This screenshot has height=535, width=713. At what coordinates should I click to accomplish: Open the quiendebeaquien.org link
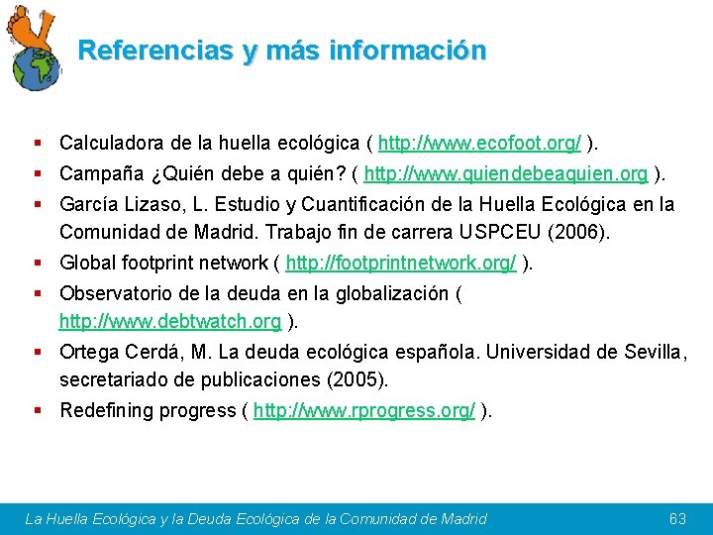pyautogui.click(x=506, y=174)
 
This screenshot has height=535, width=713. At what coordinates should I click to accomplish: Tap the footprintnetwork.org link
pyautogui.click(x=400, y=263)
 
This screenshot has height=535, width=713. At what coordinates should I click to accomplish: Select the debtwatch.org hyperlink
pyautogui.click(x=170, y=321)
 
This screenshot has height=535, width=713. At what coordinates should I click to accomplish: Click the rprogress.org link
pyautogui.click(x=364, y=410)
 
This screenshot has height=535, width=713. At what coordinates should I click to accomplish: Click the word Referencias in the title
pyautogui.click(x=152, y=51)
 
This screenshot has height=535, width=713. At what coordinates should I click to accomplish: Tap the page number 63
pyautogui.click(x=678, y=518)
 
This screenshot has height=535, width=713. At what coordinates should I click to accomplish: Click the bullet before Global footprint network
pyautogui.click(x=37, y=263)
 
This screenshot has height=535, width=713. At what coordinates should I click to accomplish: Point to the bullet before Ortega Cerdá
pyautogui.click(x=37, y=352)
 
